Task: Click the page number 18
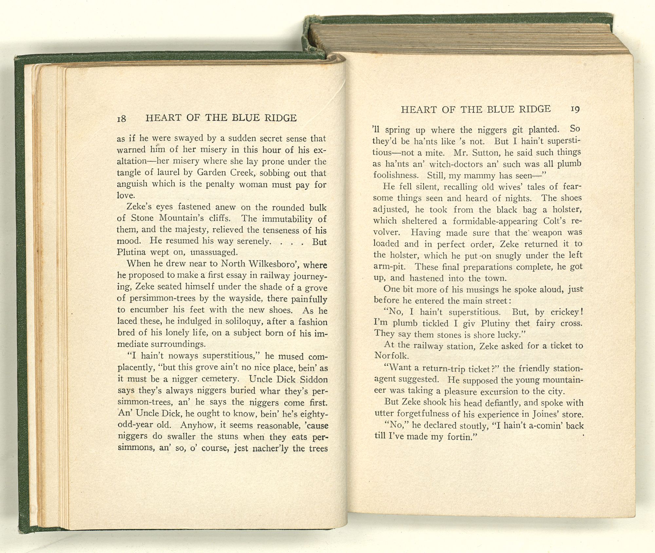122,119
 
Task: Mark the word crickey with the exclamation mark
568,312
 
